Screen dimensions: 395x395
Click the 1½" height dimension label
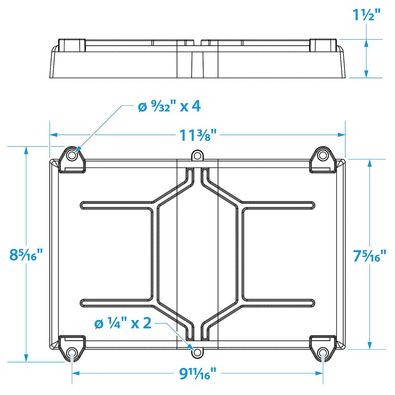click(x=366, y=15)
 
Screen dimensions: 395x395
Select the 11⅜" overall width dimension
click(x=198, y=135)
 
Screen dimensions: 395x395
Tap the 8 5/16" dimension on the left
click(x=26, y=254)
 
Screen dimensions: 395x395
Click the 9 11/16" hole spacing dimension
click(x=197, y=374)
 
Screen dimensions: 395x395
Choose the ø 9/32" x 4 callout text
click(x=169, y=106)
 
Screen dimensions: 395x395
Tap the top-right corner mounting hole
click(x=322, y=156)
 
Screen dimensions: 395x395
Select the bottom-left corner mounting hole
click(x=72, y=353)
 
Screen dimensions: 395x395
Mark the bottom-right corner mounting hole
click(x=322, y=353)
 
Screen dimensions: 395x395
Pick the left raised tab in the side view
click(x=72, y=45)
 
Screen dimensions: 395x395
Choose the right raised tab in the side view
click(x=323, y=45)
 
